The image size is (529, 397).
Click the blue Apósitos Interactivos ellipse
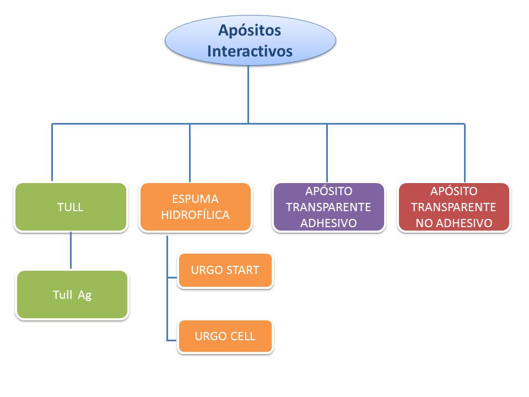[x=250, y=40]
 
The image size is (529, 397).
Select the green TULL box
[x=71, y=207]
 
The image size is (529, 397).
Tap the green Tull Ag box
[x=72, y=294]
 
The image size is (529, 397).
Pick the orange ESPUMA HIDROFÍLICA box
[x=196, y=207]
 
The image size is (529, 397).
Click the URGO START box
[x=225, y=270]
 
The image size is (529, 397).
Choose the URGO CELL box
[x=225, y=336]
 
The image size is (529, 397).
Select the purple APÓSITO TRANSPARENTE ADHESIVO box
[x=329, y=207]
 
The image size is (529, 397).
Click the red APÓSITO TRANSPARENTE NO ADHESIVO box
[x=454, y=207]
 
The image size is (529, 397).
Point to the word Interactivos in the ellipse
[x=250, y=51]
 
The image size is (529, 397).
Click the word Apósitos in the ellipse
[x=250, y=30]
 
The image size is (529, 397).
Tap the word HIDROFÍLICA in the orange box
[x=195, y=215]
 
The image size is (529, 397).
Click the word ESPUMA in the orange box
[x=195, y=199]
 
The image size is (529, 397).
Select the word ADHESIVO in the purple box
[x=328, y=223]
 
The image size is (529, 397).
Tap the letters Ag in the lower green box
[x=85, y=296]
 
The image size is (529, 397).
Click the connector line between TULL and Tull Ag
[x=71, y=250]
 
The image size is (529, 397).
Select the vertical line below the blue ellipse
[x=249, y=94]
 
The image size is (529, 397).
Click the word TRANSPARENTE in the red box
[x=454, y=207]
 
